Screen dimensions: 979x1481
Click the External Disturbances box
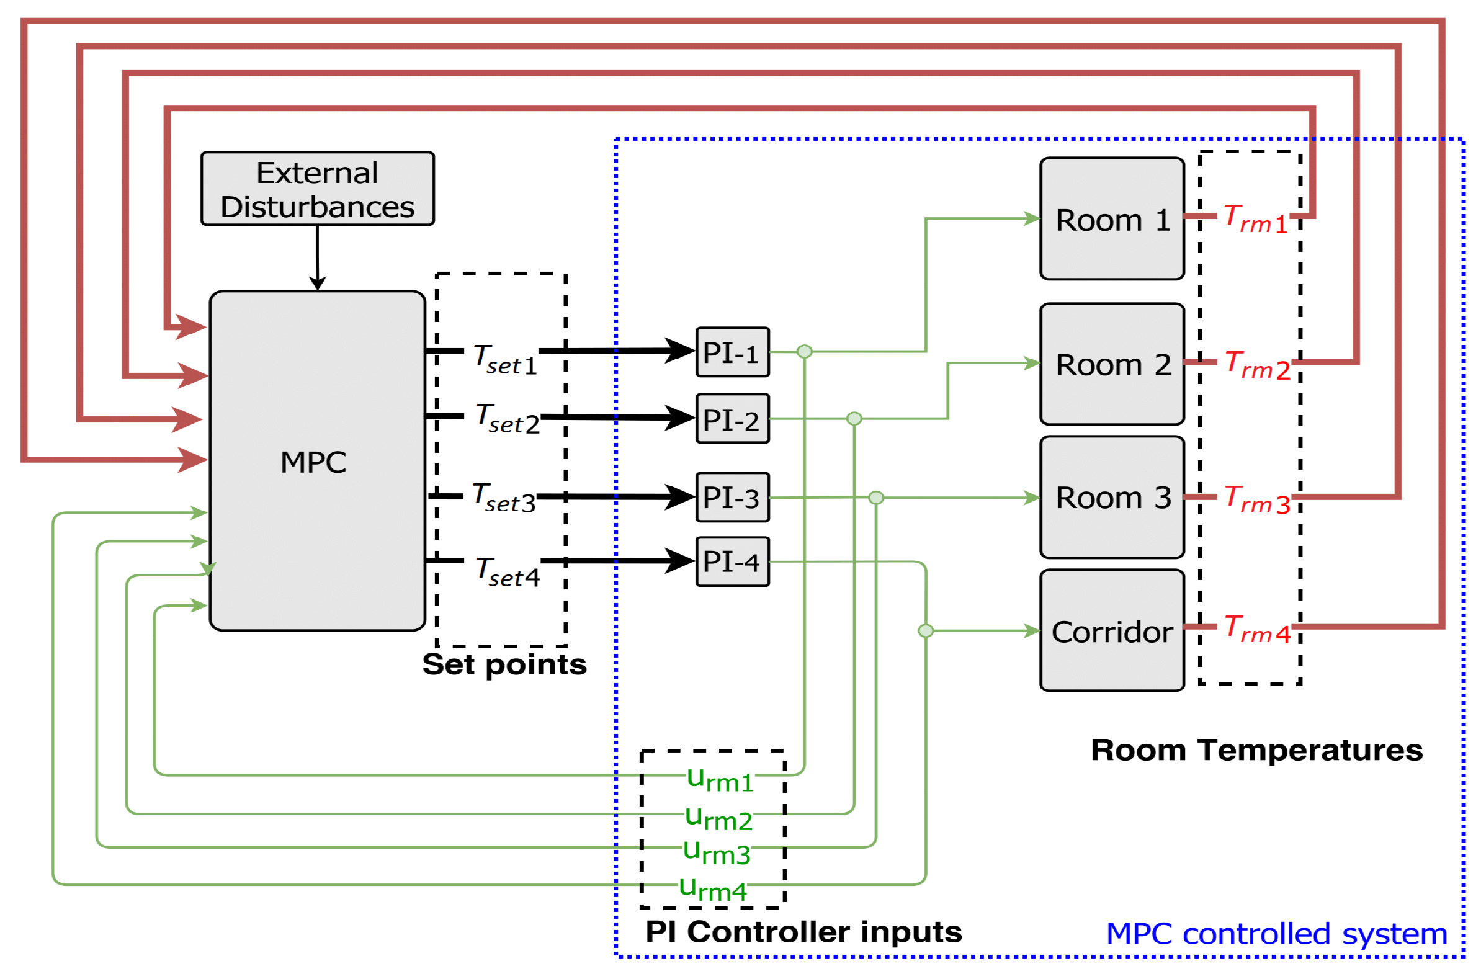317,189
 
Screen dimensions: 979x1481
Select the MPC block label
313,463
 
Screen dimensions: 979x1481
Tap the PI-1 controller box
732,352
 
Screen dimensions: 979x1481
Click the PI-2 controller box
732,419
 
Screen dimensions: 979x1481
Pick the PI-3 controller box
732,498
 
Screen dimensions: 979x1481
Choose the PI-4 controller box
732,562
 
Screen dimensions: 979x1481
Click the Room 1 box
1111,219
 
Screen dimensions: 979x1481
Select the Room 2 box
1111,365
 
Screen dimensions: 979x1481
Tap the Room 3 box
1111,498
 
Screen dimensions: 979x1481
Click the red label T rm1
1255,220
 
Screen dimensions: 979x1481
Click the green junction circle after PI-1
804,352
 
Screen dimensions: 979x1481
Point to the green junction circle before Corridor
925,630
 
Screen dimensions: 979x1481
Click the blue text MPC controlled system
1276,935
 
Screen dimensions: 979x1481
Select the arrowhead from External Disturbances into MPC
317,284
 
